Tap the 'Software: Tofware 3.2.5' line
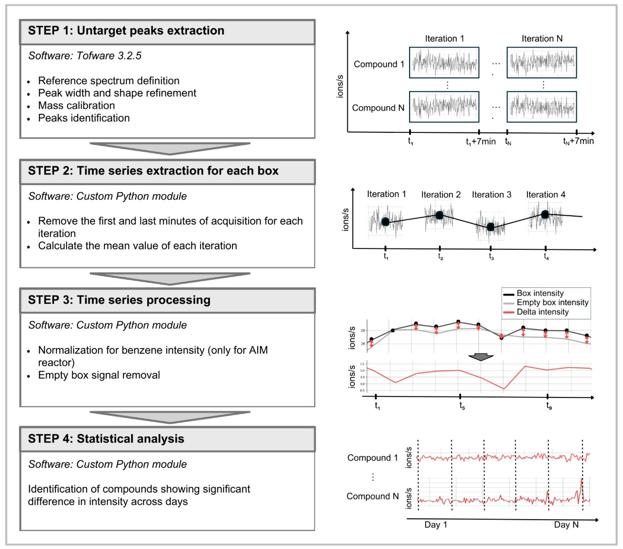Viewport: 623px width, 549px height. (85, 56)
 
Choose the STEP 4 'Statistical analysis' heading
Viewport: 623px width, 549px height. (106, 439)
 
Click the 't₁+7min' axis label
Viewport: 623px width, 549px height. (481, 142)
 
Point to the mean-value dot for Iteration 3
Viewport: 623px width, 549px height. (490, 227)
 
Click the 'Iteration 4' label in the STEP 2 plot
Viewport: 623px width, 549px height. (546, 195)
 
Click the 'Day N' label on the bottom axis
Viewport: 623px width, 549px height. (566, 525)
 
